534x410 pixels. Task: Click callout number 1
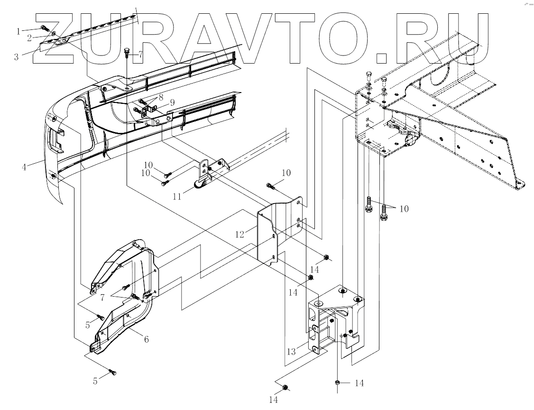18,31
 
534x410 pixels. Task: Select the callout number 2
29,37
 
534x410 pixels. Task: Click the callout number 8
161,96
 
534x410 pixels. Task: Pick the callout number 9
172,102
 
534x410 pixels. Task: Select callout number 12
239,234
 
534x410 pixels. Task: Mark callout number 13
291,351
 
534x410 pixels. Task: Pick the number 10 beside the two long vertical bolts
404,209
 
